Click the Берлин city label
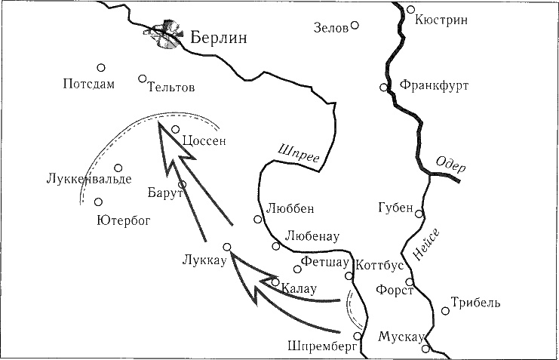point(219,38)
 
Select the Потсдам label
point(89,84)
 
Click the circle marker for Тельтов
point(142,78)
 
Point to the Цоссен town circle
point(175,129)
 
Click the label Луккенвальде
point(88,180)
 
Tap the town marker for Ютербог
point(98,202)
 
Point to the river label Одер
point(451,167)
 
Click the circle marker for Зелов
point(355,25)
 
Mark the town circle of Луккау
point(226,247)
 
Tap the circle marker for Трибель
point(445,310)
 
